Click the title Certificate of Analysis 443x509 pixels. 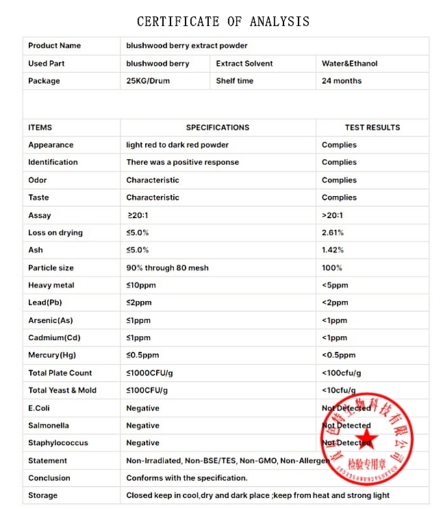pos(223,22)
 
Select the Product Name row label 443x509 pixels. pos(54,46)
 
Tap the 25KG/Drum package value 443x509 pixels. pos(148,81)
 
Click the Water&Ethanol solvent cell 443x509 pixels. pos(349,64)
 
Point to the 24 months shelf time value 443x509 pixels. pos(342,81)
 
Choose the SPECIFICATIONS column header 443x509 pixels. pos(218,128)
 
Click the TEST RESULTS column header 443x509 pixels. pos(372,128)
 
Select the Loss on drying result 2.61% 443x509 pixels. pos(333,233)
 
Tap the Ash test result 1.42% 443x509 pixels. pos(333,250)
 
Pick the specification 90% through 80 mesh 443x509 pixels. pos(167,268)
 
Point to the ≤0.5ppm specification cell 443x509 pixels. pos(142,355)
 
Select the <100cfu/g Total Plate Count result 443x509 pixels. pos(341,373)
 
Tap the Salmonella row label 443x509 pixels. pos(49,425)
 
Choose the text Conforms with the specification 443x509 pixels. pos(187,478)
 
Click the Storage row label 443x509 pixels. pos(42,495)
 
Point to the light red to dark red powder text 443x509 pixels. pos(177,145)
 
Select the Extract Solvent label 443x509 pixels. pos(244,64)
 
